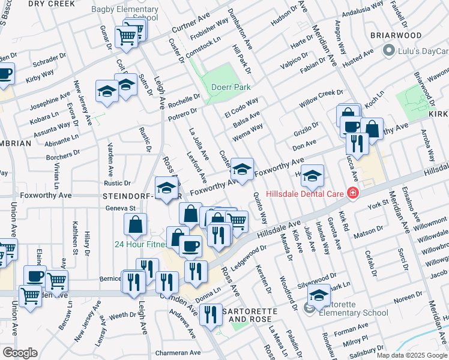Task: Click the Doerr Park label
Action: (231, 87)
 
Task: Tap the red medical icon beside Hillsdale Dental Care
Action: (353, 193)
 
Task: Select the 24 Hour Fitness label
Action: (141, 244)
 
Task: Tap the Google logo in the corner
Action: (20, 353)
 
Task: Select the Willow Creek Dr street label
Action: (321, 99)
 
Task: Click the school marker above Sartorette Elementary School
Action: (319, 294)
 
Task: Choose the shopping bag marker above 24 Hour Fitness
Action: (136, 224)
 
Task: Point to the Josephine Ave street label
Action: (50, 100)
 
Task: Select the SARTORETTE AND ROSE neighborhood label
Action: (244, 316)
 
